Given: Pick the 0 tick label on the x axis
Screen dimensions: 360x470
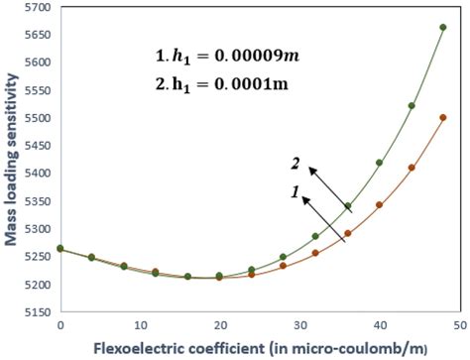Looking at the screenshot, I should coord(61,324).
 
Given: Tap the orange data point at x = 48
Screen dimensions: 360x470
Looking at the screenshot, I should coord(443,118).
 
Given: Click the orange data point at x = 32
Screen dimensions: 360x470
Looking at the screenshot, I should coord(315,253).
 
